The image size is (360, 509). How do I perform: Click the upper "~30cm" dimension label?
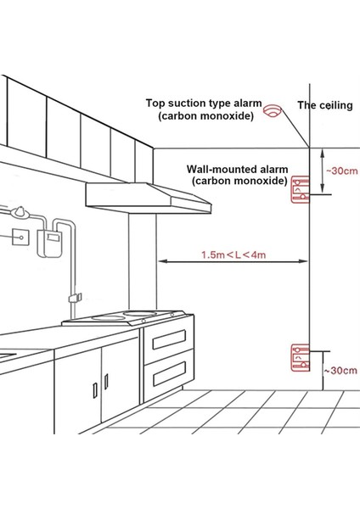(x=340, y=171)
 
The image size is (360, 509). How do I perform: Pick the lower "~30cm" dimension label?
(x=340, y=371)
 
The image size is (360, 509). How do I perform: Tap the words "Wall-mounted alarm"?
(x=233, y=169)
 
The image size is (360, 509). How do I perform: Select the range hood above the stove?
(x=149, y=197)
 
